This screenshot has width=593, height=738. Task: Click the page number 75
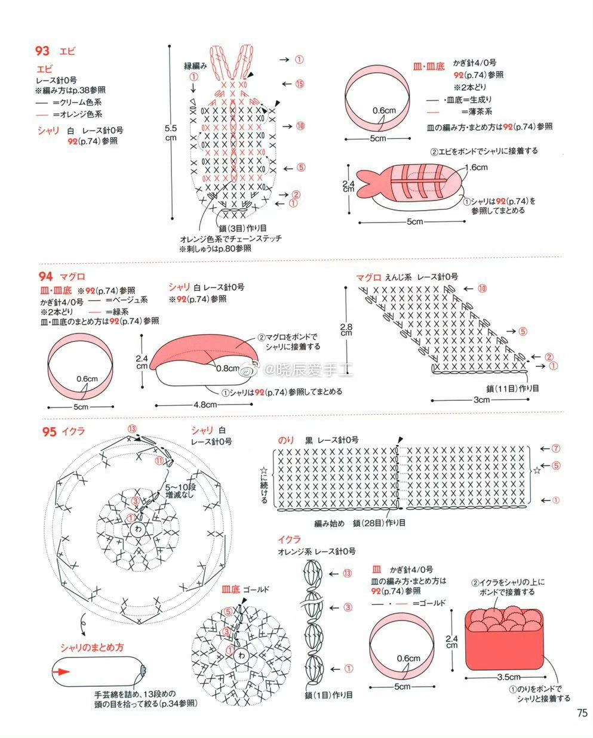click(x=582, y=713)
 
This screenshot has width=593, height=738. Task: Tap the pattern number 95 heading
click(x=49, y=431)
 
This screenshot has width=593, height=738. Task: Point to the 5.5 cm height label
click(x=170, y=132)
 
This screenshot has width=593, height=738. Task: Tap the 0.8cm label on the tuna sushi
click(x=228, y=368)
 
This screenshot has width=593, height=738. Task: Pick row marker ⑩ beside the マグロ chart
click(x=481, y=289)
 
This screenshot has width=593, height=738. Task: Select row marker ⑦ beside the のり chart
click(x=555, y=448)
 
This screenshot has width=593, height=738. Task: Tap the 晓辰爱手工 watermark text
click(x=311, y=372)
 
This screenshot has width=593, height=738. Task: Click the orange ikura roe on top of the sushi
click(x=505, y=617)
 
